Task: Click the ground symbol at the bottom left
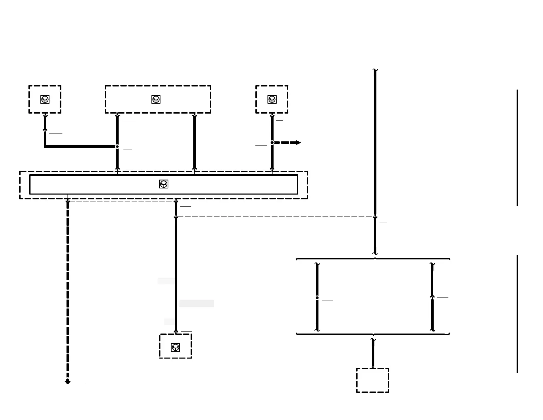pyautogui.click(x=68, y=382)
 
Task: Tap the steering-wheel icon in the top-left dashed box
pyautogui.click(x=45, y=100)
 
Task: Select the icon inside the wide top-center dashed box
pyautogui.click(x=156, y=100)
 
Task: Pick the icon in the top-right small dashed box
pyautogui.click(x=272, y=100)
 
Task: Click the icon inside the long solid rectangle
pyautogui.click(x=164, y=184)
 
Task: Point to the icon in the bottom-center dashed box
pyautogui.click(x=176, y=347)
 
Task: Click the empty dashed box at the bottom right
pyautogui.click(x=373, y=380)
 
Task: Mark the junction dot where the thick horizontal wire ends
pyautogui.click(x=117, y=147)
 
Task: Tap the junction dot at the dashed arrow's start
pyautogui.click(x=272, y=143)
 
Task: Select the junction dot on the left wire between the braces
pyautogui.click(x=317, y=298)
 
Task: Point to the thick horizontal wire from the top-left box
pyautogui.click(x=81, y=147)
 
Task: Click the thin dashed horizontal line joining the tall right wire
pyautogui.click(x=274, y=217)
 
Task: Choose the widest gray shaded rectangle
pyautogui.click(x=196, y=303)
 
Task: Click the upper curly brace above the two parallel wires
pyautogui.click(x=373, y=258)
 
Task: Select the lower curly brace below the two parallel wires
pyautogui.click(x=373, y=334)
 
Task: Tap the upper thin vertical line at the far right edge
pyautogui.click(x=517, y=148)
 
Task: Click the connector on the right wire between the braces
pyautogui.click(x=432, y=296)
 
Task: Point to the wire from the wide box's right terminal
pyautogui.click(x=194, y=142)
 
